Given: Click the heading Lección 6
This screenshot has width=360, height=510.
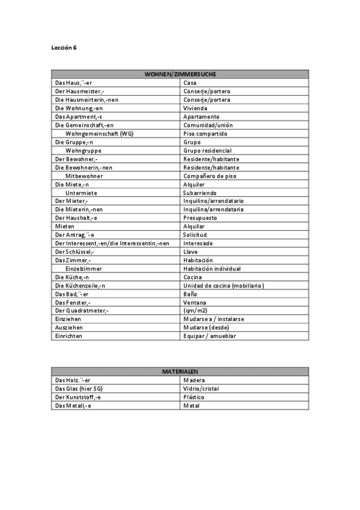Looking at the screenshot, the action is point(64,47).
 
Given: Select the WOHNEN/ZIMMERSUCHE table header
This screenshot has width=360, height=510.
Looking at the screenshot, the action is point(180,74).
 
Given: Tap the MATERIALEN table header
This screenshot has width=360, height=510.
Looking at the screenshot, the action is point(180,372).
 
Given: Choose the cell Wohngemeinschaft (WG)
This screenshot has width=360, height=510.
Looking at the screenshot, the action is point(99,134).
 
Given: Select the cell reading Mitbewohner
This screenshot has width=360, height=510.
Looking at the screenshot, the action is point(84,176).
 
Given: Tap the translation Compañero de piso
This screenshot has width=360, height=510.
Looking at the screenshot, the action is point(210,176).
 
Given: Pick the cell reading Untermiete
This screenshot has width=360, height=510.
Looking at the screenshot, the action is point(81,192).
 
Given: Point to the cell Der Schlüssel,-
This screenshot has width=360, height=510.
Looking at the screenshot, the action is point(77,251).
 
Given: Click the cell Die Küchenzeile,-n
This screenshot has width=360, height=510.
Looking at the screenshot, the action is point(80,285).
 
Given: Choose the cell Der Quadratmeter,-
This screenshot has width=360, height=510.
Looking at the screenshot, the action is point(82,310).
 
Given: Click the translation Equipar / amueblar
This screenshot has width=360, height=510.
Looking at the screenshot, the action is point(209,336).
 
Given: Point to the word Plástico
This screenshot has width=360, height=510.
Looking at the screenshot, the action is point(194,397).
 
